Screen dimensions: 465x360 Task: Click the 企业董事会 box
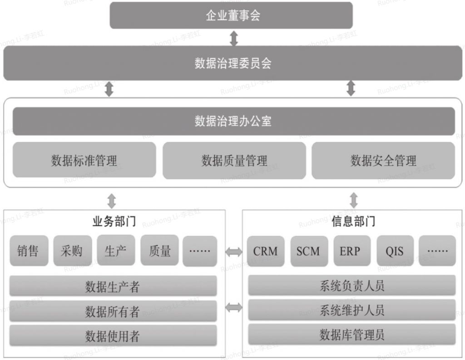[232, 16]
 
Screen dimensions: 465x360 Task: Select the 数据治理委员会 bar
[232, 63]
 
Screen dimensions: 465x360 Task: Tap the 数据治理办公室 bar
[233, 121]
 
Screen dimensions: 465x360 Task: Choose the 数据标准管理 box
[84, 160]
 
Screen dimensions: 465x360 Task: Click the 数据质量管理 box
[234, 160]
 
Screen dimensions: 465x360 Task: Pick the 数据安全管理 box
[383, 160]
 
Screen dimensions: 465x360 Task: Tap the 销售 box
[28, 251]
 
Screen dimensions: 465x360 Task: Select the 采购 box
[72, 251]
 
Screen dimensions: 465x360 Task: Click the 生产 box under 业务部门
[115, 251]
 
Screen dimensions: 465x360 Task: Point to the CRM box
[266, 251]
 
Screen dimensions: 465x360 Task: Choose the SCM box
[308, 251]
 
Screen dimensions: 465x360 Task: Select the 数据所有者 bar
[113, 311]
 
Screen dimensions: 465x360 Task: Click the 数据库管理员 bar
[352, 335]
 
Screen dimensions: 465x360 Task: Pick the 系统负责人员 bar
[352, 286]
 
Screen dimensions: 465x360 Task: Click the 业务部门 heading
[114, 222]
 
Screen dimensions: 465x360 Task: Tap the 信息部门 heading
[353, 222]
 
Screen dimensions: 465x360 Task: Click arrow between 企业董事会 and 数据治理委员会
[233, 38]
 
